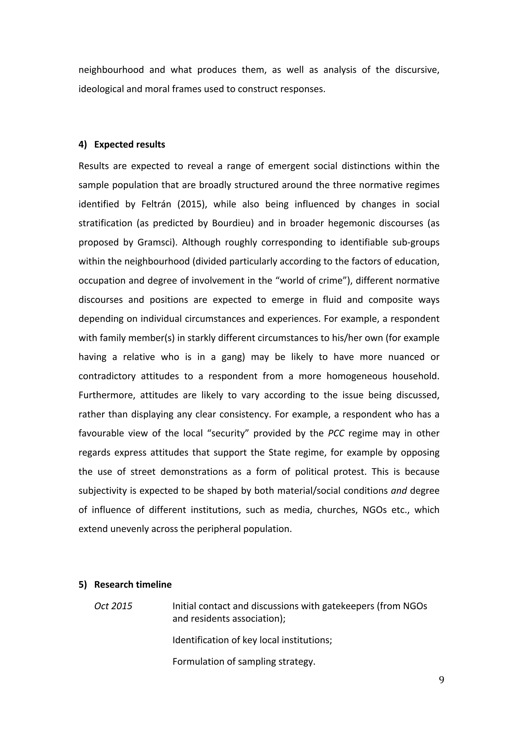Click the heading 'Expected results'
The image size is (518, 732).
(129, 144)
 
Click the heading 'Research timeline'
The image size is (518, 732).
(133, 584)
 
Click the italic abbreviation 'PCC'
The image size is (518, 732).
(336, 433)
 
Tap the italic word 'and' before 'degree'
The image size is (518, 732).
(398, 491)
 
